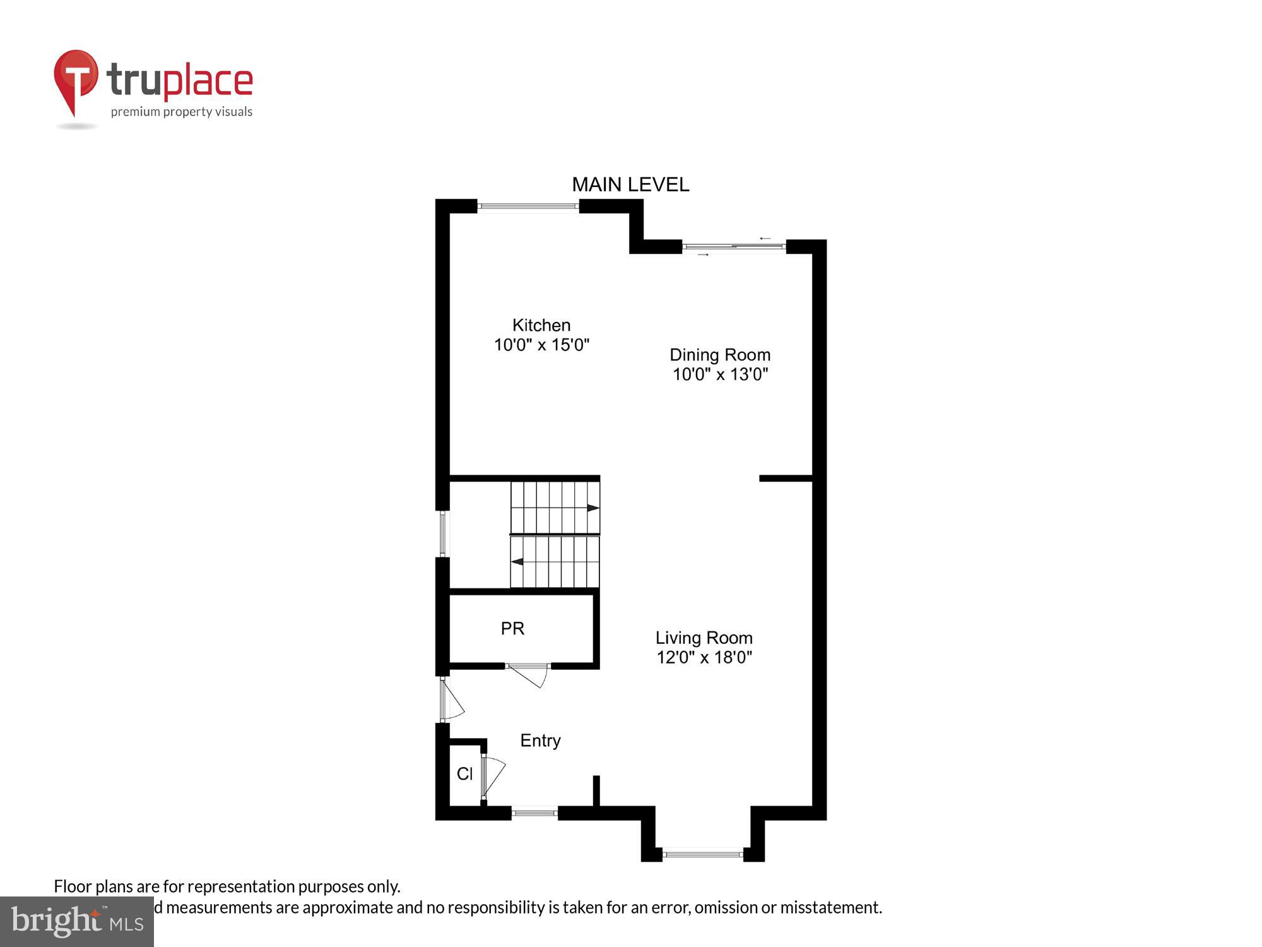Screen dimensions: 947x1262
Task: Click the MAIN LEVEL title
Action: (630, 184)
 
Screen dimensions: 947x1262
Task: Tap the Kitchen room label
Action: (541, 325)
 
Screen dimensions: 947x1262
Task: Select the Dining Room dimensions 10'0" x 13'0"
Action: (719, 374)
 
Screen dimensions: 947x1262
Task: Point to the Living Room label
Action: (704, 638)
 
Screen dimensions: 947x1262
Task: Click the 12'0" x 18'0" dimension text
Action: (704, 657)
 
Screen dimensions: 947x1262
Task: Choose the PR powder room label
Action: (512, 628)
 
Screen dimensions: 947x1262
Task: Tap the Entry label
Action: (540, 741)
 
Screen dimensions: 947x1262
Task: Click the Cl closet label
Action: (464, 773)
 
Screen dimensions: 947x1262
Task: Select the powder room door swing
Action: (530, 674)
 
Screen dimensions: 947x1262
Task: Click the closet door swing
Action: (493, 777)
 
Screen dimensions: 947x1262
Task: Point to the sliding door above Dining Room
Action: (734, 247)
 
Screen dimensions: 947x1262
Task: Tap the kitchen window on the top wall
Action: (528, 206)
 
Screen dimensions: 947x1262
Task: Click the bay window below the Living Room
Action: (703, 854)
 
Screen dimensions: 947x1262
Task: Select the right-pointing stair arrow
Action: (593, 508)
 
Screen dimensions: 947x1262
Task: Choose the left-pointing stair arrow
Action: (517, 561)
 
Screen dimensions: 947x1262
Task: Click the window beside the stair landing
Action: (443, 533)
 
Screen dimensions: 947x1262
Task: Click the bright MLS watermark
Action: (77, 921)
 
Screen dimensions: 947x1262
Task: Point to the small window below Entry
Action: (534, 813)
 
